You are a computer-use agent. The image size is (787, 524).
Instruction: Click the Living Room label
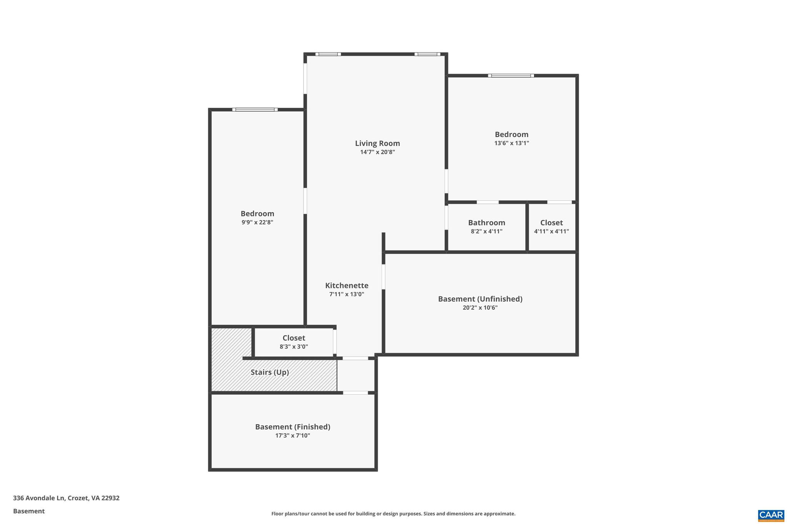(x=377, y=143)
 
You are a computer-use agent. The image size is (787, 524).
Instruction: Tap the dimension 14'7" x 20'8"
(x=377, y=152)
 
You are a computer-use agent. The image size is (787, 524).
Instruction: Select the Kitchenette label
(x=347, y=285)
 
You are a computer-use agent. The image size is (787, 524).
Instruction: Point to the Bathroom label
(x=486, y=223)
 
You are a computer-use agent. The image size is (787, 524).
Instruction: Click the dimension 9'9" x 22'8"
(x=257, y=222)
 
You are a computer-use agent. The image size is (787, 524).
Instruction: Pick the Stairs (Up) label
(x=270, y=372)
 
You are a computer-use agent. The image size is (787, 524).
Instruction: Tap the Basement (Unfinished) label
(x=480, y=299)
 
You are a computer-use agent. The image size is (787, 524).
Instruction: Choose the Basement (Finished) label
(x=292, y=426)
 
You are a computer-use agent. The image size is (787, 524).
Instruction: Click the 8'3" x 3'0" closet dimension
(x=294, y=347)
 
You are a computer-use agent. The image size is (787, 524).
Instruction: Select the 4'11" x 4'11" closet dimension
(x=551, y=231)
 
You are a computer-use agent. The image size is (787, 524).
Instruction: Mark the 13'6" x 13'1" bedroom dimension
(x=511, y=143)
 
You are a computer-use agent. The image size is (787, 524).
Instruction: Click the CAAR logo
(x=771, y=515)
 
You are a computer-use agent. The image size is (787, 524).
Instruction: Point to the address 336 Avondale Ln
(x=66, y=498)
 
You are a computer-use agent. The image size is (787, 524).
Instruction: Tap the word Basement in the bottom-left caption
(x=29, y=511)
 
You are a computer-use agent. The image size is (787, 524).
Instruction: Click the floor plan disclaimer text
(x=393, y=514)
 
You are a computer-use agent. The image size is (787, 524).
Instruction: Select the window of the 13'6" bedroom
(x=511, y=76)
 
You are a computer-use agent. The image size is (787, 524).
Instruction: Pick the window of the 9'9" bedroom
(x=255, y=110)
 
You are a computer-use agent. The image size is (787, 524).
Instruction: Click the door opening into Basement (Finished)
(x=355, y=393)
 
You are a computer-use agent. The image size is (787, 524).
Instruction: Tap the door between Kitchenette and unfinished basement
(x=384, y=276)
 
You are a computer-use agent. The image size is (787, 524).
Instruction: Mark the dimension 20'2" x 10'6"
(x=480, y=307)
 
